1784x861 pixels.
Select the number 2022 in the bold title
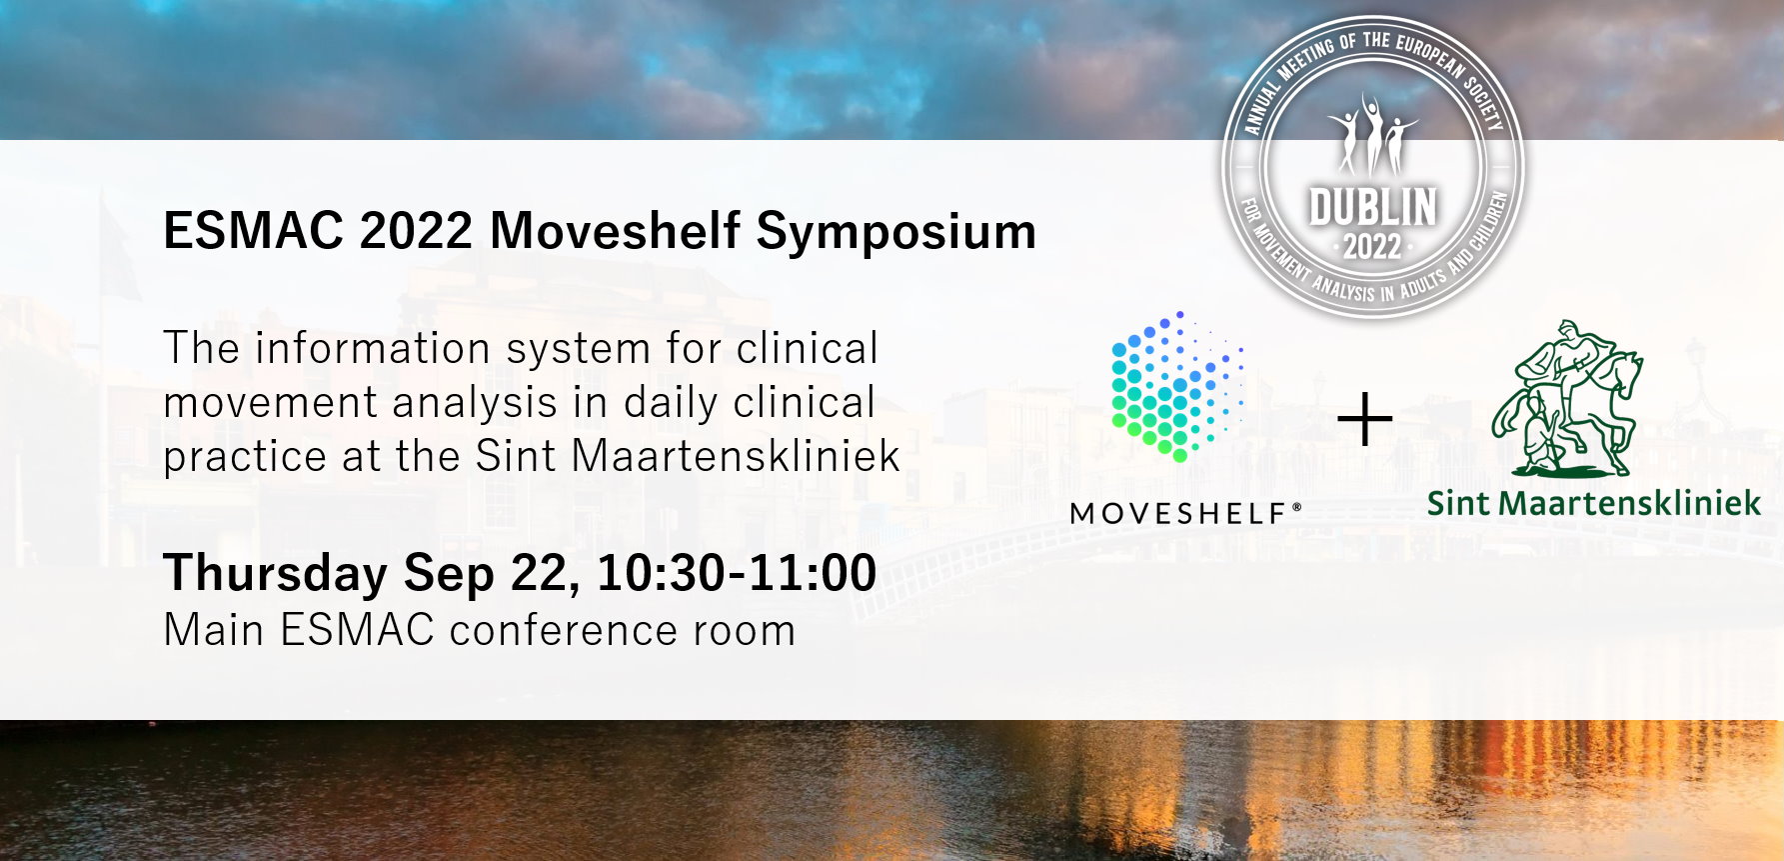[x=416, y=231]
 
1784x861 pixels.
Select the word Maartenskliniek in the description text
[x=736, y=456]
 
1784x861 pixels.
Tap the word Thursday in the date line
[x=275, y=573]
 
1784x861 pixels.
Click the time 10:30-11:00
[x=738, y=573]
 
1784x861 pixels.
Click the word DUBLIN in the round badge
[x=1372, y=208]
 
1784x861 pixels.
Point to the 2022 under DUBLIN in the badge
[x=1372, y=246]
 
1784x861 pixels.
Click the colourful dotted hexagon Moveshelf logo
[x=1177, y=386]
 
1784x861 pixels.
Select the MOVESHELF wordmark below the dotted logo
[x=1185, y=514]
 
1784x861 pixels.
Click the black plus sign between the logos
[x=1365, y=420]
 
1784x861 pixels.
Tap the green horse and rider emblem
[x=1566, y=398]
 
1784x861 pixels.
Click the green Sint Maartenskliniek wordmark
[x=1593, y=502]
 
